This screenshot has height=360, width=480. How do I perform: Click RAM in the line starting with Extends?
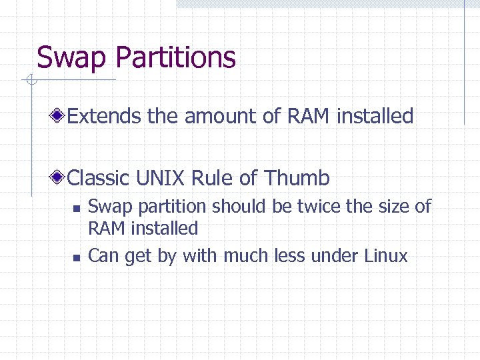pyautogui.click(x=309, y=116)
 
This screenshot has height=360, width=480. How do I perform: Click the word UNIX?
pyautogui.click(x=161, y=178)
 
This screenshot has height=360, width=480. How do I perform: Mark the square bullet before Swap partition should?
pyautogui.click(x=77, y=209)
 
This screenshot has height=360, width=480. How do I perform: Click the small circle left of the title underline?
pyautogui.click(x=31, y=81)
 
